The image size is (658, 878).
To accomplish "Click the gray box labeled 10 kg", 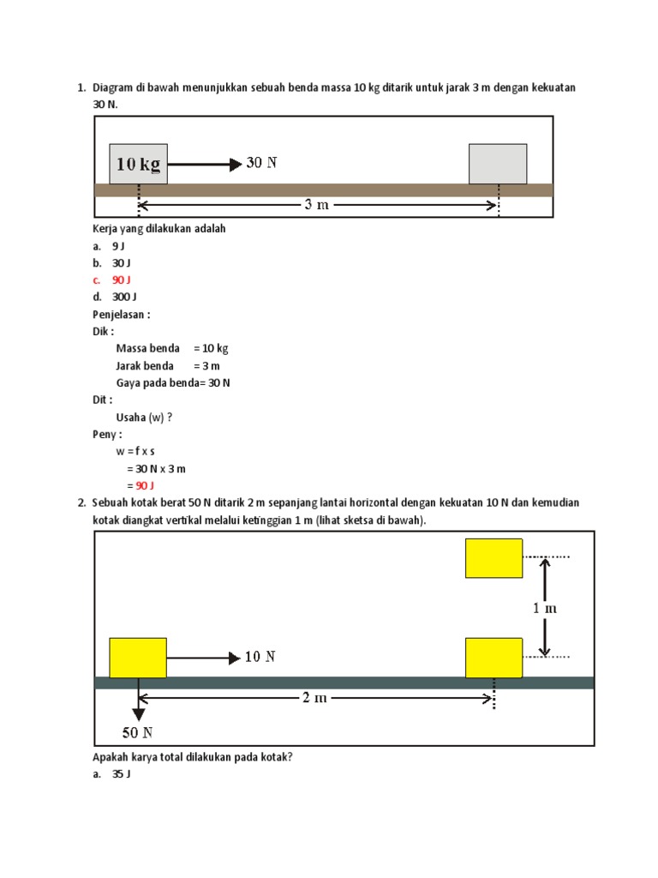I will (138, 164).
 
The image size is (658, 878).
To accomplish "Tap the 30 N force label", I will (261, 163).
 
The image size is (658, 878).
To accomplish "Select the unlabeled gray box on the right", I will (498, 164).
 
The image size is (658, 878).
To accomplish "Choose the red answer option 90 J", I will (121, 280).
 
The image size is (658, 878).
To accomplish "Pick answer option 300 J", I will (124, 297).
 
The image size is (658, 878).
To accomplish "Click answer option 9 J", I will (118, 246).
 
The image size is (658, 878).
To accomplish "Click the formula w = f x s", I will (141, 451).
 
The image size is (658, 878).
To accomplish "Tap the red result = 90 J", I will (140, 485).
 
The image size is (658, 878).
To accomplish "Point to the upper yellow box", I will (493, 558).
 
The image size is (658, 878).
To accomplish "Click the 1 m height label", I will (545, 608).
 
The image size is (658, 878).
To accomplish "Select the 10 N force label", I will (260, 658).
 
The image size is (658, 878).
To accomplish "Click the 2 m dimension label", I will (314, 698).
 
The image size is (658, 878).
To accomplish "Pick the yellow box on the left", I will (138, 658).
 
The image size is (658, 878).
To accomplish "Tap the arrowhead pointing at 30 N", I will (236, 164).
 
